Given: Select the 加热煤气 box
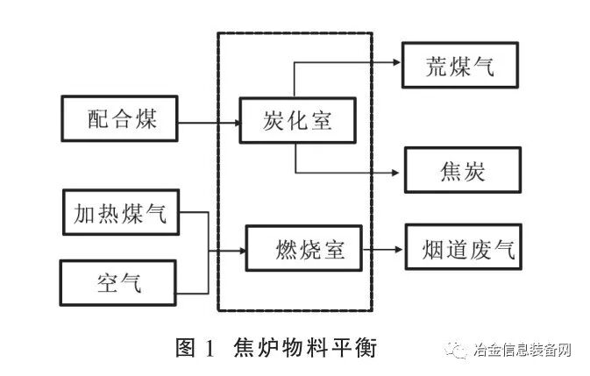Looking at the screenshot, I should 121,211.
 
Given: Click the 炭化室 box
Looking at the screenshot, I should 298,120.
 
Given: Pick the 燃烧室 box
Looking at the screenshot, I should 303,250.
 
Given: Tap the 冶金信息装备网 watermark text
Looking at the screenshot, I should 521,351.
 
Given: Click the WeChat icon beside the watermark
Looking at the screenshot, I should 458,351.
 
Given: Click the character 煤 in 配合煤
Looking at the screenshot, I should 146,119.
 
